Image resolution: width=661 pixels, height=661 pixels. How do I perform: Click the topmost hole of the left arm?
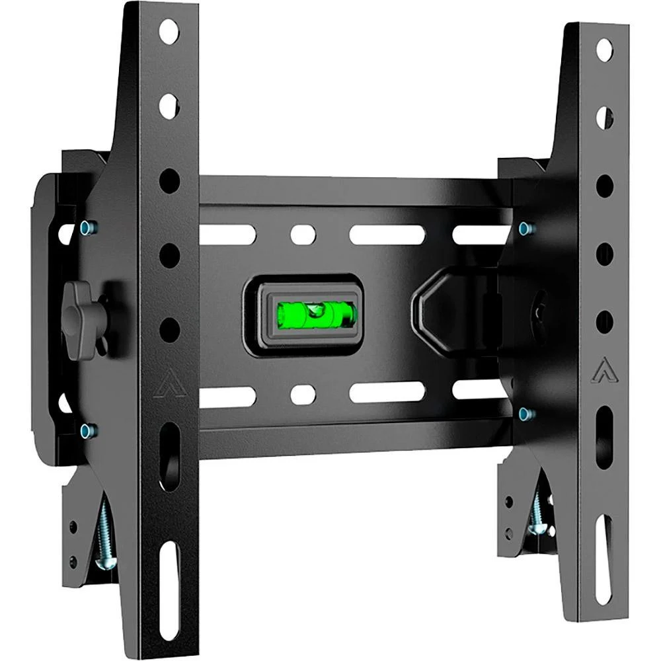(169, 31)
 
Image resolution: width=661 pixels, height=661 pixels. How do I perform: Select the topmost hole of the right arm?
(604, 50)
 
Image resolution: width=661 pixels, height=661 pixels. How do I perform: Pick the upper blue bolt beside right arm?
(525, 229)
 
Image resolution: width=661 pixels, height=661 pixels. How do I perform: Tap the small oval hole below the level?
(303, 394)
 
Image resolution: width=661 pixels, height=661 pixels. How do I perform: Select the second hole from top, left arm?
(169, 106)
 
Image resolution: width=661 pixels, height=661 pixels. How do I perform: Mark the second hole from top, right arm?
(604, 118)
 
